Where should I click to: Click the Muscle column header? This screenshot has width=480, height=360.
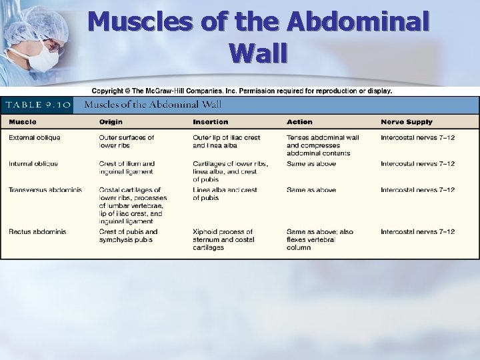[x=23, y=122]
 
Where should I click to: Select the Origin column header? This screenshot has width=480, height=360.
[x=111, y=122]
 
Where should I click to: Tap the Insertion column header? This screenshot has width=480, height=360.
[x=210, y=122]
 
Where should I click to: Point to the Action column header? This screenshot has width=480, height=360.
[x=299, y=122]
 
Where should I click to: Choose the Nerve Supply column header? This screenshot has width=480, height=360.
[x=406, y=122]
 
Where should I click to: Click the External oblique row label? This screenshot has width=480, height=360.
[x=34, y=138]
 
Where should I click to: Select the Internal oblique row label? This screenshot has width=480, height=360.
[x=33, y=164]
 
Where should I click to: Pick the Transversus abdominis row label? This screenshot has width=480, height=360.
[x=45, y=190]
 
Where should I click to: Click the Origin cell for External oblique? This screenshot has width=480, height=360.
[x=127, y=141]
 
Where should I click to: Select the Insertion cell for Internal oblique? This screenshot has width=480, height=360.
[x=231, y=171]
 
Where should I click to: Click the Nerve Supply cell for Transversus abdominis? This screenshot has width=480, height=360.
[x=417, y=190]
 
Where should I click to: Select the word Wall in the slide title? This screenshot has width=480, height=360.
[x=258, y=52]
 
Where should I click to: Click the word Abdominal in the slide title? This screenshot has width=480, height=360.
[x=357, y=21]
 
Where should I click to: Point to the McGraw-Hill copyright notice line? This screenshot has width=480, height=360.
[x=241, y=91]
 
